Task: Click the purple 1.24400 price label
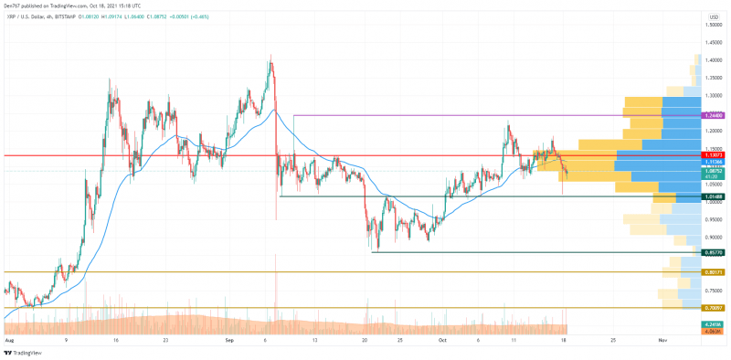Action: [714, 116]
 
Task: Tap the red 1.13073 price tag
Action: [714, 155]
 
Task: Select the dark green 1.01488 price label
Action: [714, 196]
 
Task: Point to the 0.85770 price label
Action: [714, 252]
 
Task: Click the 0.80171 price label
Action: [714, 272]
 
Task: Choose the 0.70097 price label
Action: [714, 308]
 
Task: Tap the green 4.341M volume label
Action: [714, 324]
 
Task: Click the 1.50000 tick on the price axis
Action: [714, 26]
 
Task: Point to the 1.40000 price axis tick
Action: [714, 60]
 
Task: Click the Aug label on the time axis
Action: [10, 339]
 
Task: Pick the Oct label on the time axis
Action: [441, 339]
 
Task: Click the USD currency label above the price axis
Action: [713, 16]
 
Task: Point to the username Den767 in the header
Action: [15, 5]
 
